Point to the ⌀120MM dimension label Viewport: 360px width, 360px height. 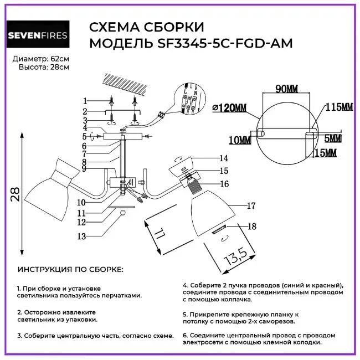click(x=229, y=107)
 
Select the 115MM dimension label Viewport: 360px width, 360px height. click(x=339, y=106)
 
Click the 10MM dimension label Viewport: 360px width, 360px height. click(x=238, y=141)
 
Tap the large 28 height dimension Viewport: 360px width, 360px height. click(x=15, y=194)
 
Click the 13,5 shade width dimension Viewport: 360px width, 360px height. click(x=236, y=255)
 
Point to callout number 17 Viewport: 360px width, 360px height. click(x=250, y=206)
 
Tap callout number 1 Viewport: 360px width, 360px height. click(x=85, y=101)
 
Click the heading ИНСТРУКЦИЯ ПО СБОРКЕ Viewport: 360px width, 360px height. click(x=70, y=270)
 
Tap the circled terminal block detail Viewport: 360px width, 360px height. click(x=191, y=101)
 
